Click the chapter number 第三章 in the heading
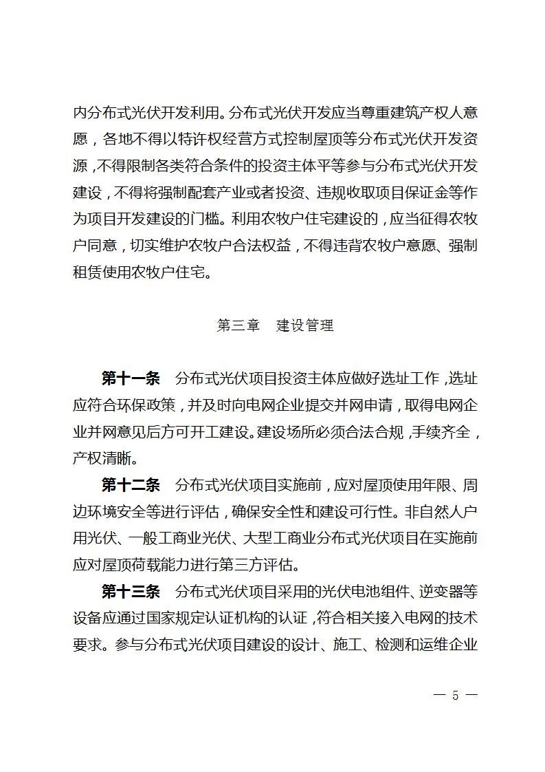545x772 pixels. tap(238, 325)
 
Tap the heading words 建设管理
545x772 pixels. tap(304, 325)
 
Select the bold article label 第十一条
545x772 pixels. tap(131, 378)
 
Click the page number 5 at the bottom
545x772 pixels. tap(455, 695)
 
